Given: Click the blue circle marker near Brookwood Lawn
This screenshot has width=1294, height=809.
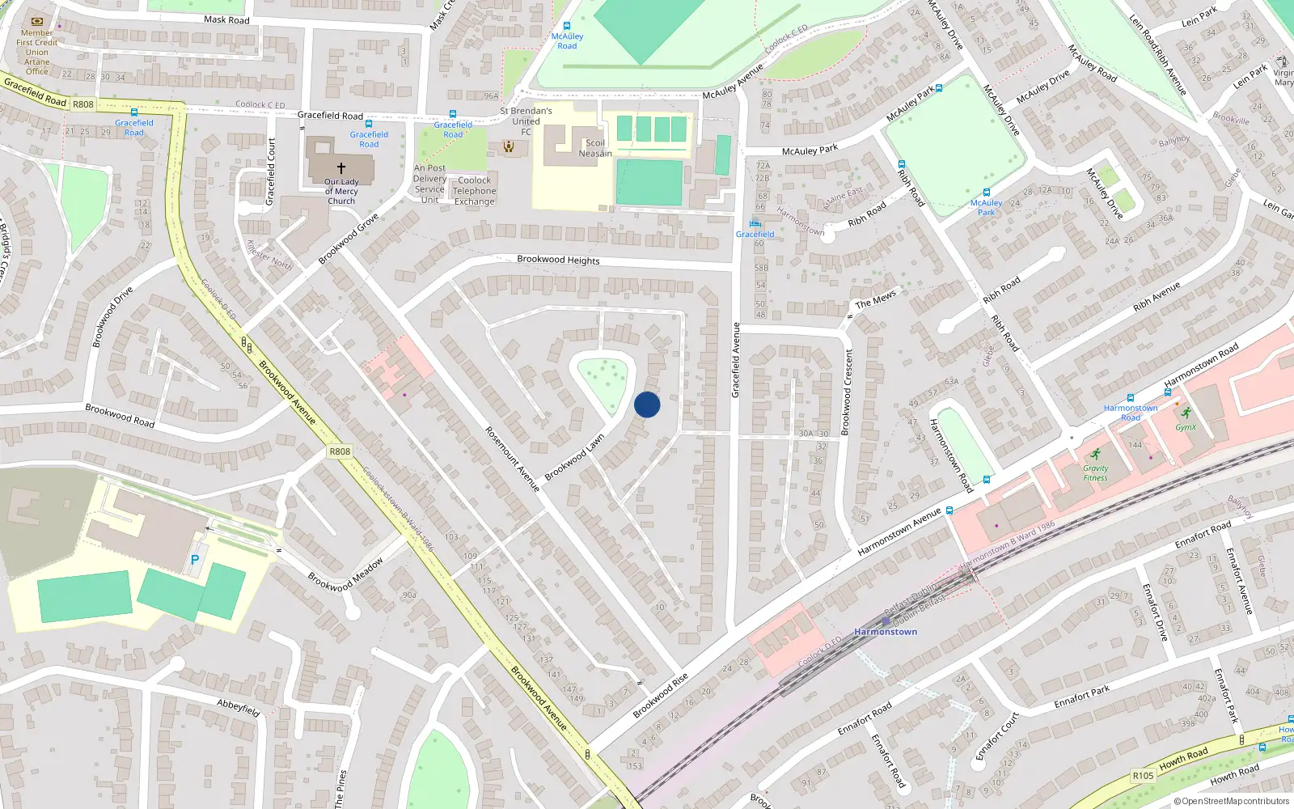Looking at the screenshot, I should click(647, 404).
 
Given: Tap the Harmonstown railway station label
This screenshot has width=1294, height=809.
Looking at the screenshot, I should click(886, 632).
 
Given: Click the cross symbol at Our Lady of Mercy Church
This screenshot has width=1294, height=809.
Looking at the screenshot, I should click(341, 168).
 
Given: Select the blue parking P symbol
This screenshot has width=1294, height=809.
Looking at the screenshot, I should click(195, 559).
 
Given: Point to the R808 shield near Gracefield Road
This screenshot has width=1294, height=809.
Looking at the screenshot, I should click(83, 104).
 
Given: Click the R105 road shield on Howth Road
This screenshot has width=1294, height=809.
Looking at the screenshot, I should click(1143, 775).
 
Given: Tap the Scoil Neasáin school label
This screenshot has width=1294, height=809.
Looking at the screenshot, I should click(594, 148).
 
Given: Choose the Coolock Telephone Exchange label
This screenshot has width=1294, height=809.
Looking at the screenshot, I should click(475, 191).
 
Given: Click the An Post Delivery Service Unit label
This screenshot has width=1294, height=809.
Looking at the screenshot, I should click(429, 184).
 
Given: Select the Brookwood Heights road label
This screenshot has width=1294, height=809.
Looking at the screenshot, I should click(558, 260).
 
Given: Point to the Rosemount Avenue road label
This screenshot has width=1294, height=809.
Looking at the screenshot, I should click(512, 459).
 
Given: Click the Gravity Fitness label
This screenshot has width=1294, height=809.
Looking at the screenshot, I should click(1096, 472).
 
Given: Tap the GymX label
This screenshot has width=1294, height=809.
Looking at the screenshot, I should click(1186, 427).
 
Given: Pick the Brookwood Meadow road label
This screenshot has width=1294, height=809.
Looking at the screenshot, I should click(345, 575).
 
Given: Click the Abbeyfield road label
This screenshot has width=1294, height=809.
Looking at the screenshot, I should click(239, 708).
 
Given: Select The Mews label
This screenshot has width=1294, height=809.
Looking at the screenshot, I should click(876, 299).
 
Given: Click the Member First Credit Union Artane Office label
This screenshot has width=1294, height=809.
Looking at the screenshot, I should click(37, 52).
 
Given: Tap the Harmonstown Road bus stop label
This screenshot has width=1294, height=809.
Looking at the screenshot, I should click(1131, 413).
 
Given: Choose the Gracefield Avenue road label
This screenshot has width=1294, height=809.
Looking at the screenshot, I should click(736, 360).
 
